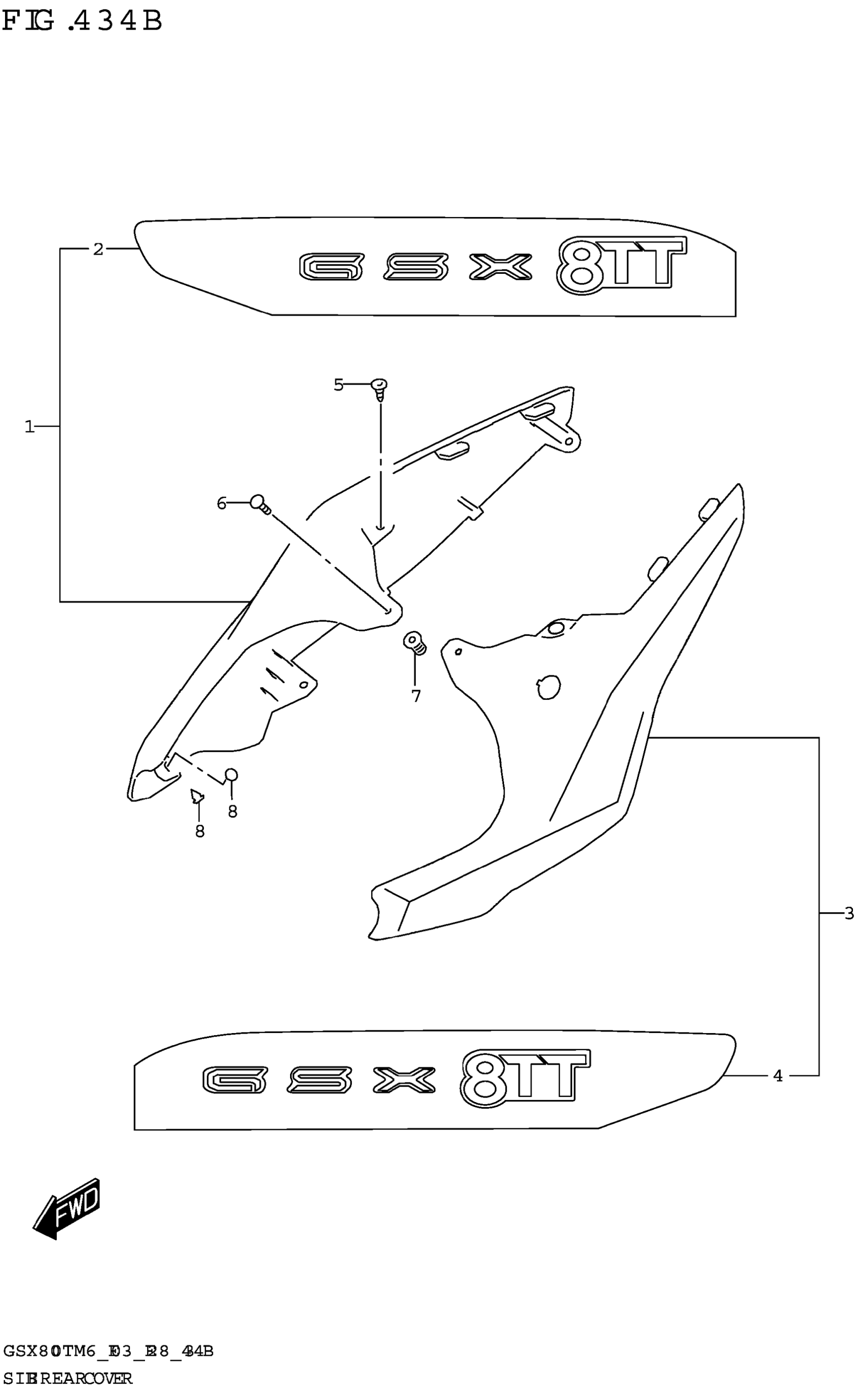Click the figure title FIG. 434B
pos(82,22)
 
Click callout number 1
pos(29,426)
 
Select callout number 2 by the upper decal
pos(99,249)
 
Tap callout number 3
pos(848,913)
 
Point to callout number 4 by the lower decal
pos(778,1075)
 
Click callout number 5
pos(338,385)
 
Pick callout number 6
pos(222,502)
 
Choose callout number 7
pos(416,696)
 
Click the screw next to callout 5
pos(380,390)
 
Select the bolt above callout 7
pos(414,642)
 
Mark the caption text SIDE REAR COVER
pos(68,1377)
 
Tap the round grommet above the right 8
pos(232,775)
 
